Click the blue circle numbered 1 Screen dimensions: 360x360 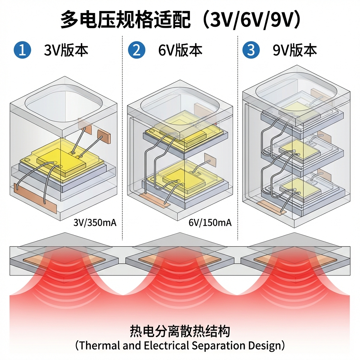pos(22,50)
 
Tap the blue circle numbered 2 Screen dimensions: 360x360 pos(136,50)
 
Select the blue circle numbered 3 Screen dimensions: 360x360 pos(251,50)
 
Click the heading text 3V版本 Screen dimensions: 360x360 pos(66,50)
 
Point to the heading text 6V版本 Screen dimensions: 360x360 pos(180,50)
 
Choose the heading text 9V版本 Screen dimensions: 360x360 pos(295,50)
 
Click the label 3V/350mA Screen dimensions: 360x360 pos(95,223)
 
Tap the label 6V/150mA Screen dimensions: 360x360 pos(210,223)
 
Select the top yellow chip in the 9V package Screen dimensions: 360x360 pos(299,107)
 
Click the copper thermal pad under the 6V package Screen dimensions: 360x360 pos(179,259)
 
